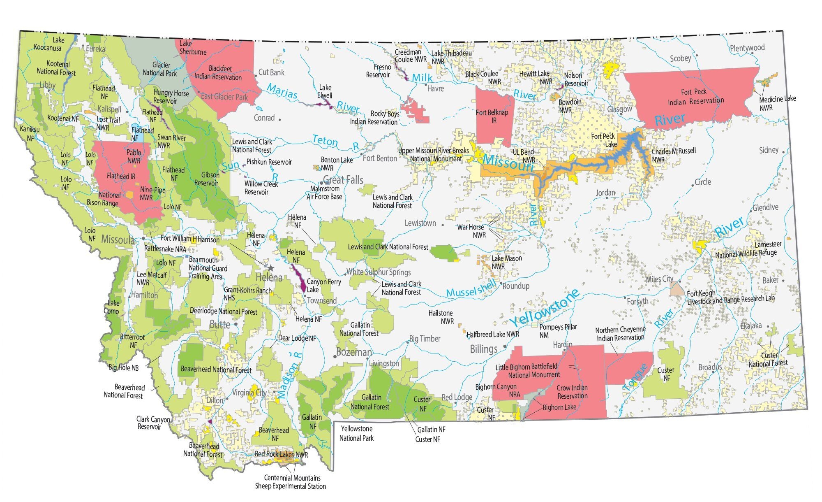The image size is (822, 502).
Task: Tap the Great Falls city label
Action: coord(343,180)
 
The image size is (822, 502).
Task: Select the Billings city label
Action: coord(484,349)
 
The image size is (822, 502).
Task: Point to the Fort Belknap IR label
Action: coord(492,116)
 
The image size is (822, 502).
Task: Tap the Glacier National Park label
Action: coord(160,69)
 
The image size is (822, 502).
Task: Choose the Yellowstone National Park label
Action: coord(356,433)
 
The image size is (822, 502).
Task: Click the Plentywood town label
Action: coord(747,48)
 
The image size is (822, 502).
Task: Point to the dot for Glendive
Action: coord(750,210)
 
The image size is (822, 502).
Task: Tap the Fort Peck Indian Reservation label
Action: coord(695,97)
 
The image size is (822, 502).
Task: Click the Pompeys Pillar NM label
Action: coord(558,331)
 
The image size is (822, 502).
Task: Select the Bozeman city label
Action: coord(354,352)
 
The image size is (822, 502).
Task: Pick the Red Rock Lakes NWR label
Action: coord(281,454)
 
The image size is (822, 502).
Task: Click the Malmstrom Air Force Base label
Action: coord(324,193)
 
